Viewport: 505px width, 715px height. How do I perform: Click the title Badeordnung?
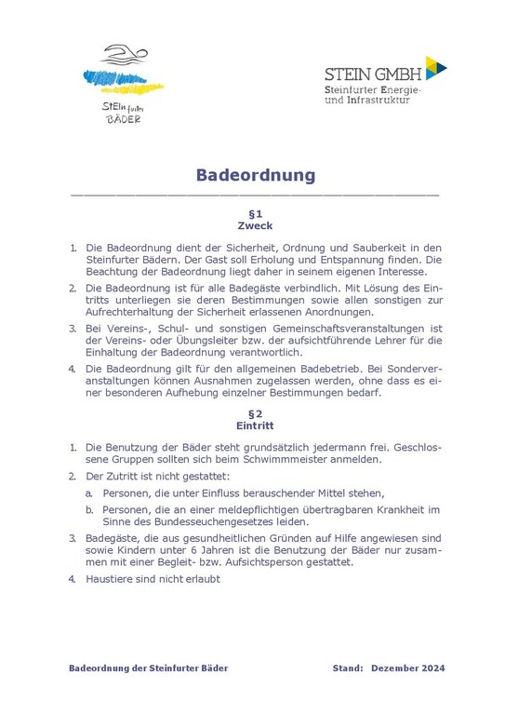[x=255, y=175]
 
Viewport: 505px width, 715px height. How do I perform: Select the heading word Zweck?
[x=255, y=226]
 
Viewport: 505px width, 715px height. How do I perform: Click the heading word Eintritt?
[x=255, y=426]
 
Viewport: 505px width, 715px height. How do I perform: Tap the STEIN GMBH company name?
[x=373, y=73]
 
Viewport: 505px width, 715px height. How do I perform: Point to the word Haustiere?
[x=113, y=578]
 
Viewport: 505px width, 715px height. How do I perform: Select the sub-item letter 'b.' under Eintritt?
[x=89, y=510]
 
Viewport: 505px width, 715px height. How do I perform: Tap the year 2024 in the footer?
[x=432, y=668]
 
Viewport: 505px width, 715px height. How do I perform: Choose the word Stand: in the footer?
[x=349, y=668]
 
